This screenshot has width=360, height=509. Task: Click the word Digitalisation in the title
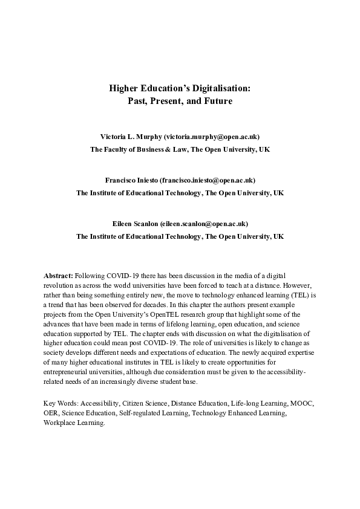click(214, 88)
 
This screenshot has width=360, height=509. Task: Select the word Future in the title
click(217, 101)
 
